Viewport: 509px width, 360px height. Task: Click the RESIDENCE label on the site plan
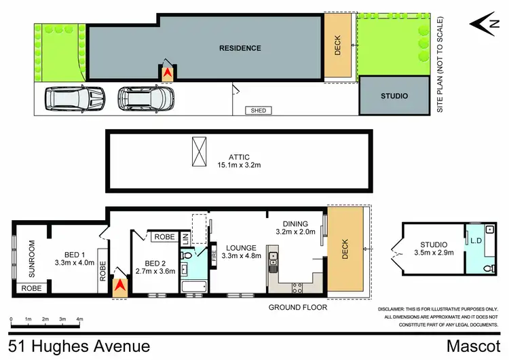click(240, 48)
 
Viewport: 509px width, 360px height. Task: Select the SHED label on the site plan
click(258, 110)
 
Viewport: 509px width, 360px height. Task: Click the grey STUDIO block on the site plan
click(394, 96)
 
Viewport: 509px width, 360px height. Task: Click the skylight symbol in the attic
click(200, 150)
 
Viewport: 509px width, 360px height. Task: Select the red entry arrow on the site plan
click(167, 71)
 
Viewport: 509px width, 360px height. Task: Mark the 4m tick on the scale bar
click(80, 318)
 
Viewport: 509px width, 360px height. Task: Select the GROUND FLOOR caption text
click(298, 307)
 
